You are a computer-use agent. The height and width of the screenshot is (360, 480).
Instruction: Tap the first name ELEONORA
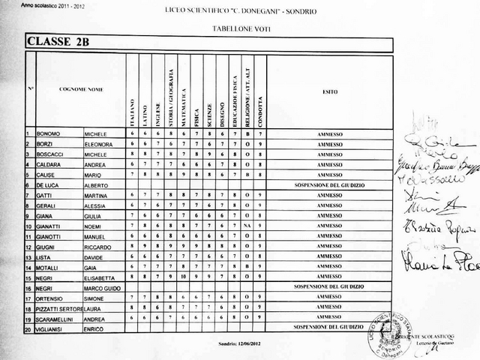[98, 143]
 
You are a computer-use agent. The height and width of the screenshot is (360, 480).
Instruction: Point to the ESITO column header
[330, 91]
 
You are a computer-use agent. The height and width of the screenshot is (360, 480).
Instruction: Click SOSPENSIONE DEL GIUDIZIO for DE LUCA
[330, 184]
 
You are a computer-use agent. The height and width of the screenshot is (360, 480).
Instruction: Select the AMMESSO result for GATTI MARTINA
[330, 194]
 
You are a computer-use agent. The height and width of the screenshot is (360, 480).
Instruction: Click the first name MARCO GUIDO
[101, 287]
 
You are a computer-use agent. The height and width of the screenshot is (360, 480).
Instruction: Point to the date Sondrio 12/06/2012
[237, 342]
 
